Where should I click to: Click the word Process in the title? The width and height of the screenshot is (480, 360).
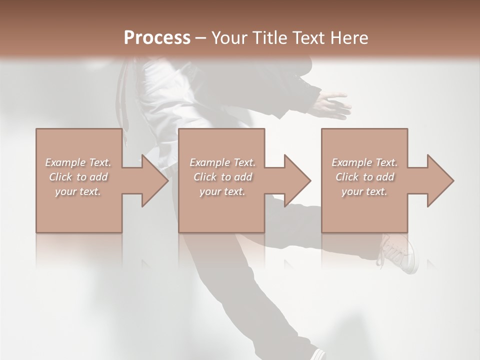coord(157,37)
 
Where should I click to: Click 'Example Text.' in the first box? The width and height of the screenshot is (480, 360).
coord(78,162)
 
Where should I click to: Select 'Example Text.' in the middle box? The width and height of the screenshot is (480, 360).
coord(222,162)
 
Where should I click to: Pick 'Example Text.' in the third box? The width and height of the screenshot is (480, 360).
coord(364,162)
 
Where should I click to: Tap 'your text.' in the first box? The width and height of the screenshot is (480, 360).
coord(78,191)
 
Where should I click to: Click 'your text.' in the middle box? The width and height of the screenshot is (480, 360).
coord(222,191)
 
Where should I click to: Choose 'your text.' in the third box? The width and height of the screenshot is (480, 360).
coord(364,191)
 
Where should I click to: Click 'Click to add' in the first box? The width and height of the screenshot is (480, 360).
coord(78,177)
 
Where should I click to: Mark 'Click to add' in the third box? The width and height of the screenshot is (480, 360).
coord(364,177)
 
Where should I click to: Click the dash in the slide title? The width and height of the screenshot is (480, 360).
coord(200,38)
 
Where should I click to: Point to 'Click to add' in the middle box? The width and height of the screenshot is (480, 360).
coord(222,177)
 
